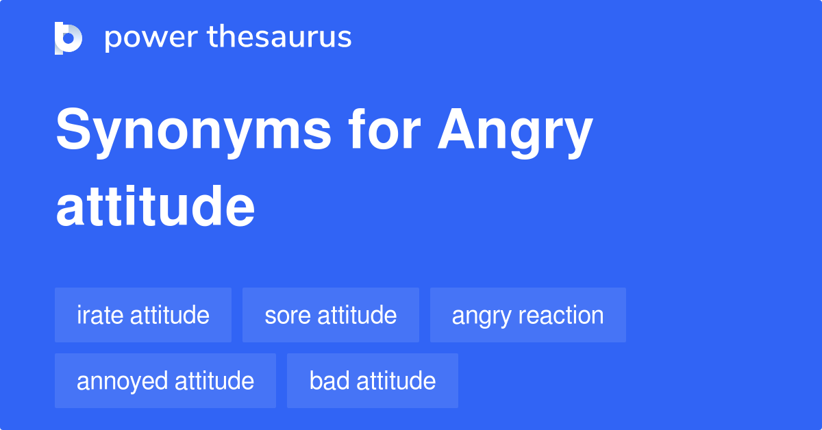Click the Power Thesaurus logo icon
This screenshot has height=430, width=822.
[68, 38]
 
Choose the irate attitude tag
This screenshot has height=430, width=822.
[143, 315]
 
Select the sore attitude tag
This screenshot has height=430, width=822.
[331, 315]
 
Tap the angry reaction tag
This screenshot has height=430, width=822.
[527, 315]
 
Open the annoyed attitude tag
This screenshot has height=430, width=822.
[165, 381]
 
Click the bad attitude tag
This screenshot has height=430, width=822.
[373, 381]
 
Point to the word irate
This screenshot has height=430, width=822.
[100, 315]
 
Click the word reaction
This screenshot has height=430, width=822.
[561, 315]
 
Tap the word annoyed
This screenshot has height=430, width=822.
[121, 381]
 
